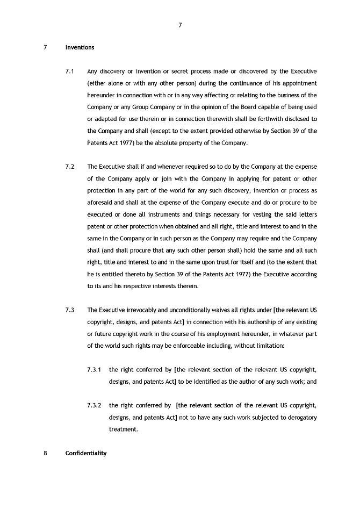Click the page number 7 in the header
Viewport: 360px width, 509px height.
point(180,25)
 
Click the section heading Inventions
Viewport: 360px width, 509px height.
point(80,47)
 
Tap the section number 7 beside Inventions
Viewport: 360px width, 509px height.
point(45,47)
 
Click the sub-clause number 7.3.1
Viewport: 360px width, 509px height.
point(95,370)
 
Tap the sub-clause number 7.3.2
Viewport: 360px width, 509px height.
point(95,405)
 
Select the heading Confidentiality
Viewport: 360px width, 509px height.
point(86,453)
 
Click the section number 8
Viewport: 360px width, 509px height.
point(45,453)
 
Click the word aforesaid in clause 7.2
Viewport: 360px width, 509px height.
point(100,203)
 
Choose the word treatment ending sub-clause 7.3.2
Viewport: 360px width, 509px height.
point(123,429)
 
